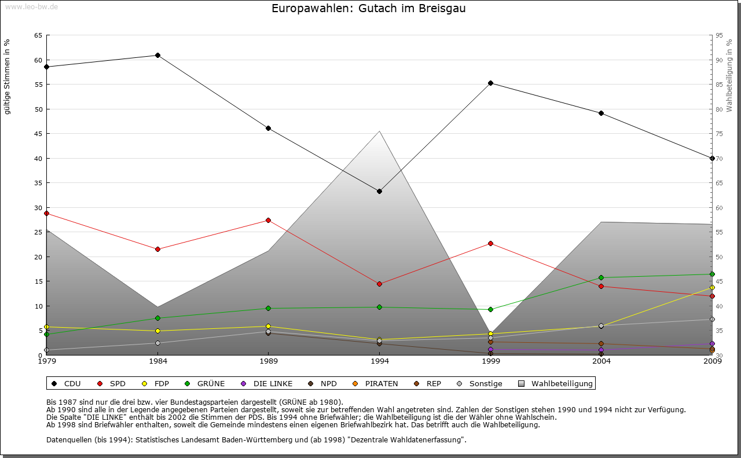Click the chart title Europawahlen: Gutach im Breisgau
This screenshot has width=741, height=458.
[x=369, y=9]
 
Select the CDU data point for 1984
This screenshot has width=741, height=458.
[x=157, y=55]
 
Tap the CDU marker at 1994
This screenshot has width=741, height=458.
[x=379, y=191]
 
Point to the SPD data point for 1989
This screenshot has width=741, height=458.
[x=268, y=220]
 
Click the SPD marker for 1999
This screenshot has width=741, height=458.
[x=490, y=243]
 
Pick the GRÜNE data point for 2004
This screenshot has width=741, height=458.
[x=601, y=277]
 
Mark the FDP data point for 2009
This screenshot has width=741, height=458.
[x=712, y=287]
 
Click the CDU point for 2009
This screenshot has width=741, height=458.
[x=712, y=158]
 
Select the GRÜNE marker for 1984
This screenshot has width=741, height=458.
[x=157, y=318]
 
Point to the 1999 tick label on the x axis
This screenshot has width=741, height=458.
[x=490, y=361]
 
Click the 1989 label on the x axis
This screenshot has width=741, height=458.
[x=268, y=361]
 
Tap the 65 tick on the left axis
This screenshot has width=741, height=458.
[x=38, y=35]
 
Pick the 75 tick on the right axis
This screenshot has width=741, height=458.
[x=719, y=134]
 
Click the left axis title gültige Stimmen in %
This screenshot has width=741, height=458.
[x=8, y=76]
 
